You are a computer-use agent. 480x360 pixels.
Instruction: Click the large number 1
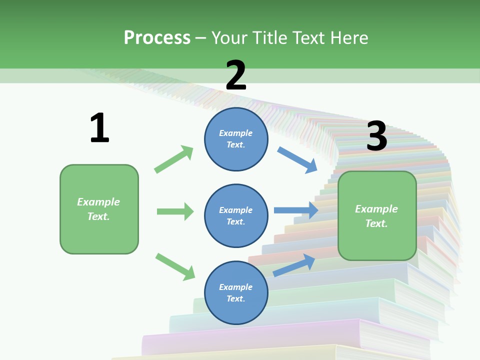99,128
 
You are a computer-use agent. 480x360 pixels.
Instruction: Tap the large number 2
236,75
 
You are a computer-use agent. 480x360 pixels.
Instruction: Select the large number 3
376,136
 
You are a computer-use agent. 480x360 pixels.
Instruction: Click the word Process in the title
157,37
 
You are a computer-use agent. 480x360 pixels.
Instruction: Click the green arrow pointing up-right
174,159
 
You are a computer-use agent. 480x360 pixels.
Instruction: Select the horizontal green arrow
175,211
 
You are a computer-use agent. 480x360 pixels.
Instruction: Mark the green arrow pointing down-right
175,266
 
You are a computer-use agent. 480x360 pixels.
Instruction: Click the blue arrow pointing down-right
297,159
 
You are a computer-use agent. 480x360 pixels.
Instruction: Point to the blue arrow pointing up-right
294,265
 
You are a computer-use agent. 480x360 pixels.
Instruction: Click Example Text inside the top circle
236,139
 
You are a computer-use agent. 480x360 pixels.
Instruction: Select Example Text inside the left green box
98,209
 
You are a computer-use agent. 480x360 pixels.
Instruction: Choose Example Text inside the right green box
376,216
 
